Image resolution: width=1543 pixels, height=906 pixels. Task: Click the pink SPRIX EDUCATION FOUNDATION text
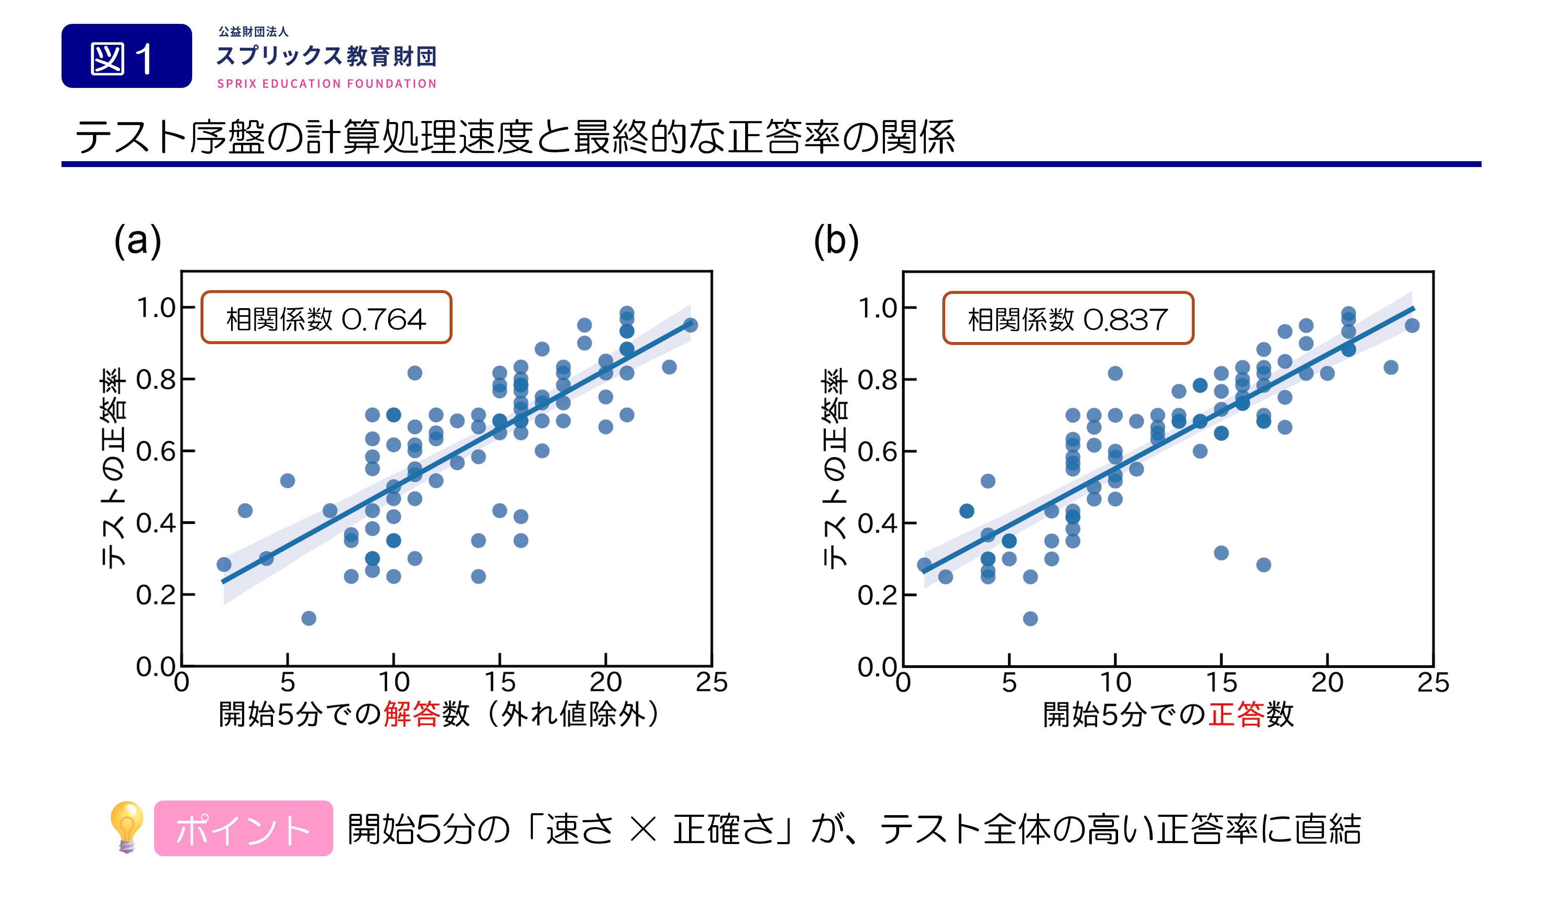[327, 84]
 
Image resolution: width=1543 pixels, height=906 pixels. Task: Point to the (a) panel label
[138, 240]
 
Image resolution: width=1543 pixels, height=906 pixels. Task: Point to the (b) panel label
[836, 240]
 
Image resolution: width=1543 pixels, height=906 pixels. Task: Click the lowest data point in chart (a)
[309, 618]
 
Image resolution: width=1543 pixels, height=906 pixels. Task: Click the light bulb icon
[127, 827]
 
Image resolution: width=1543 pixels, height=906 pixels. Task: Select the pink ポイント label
[243, 828]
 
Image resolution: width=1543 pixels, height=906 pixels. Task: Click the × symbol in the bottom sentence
[643, 829]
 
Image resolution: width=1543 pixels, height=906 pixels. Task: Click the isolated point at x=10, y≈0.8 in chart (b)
[1115, 373]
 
